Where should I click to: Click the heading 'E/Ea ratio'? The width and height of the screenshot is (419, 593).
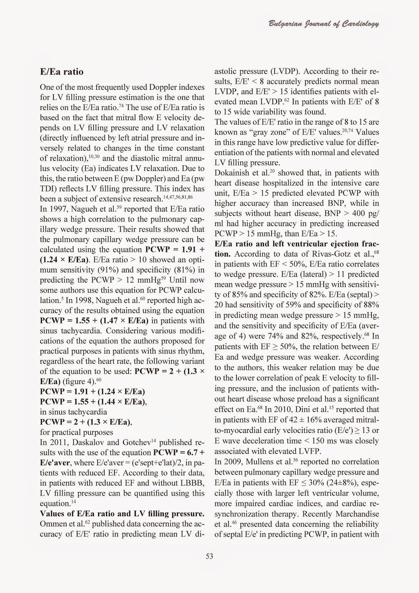61,72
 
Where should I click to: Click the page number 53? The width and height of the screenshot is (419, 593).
209,556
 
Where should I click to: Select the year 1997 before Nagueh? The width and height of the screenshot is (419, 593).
56,209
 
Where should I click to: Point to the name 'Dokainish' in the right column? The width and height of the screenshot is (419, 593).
230,173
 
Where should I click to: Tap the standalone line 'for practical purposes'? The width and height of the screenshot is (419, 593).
76,432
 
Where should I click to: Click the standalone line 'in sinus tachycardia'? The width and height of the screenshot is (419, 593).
73,412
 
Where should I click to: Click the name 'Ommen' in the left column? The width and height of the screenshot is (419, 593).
51,524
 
